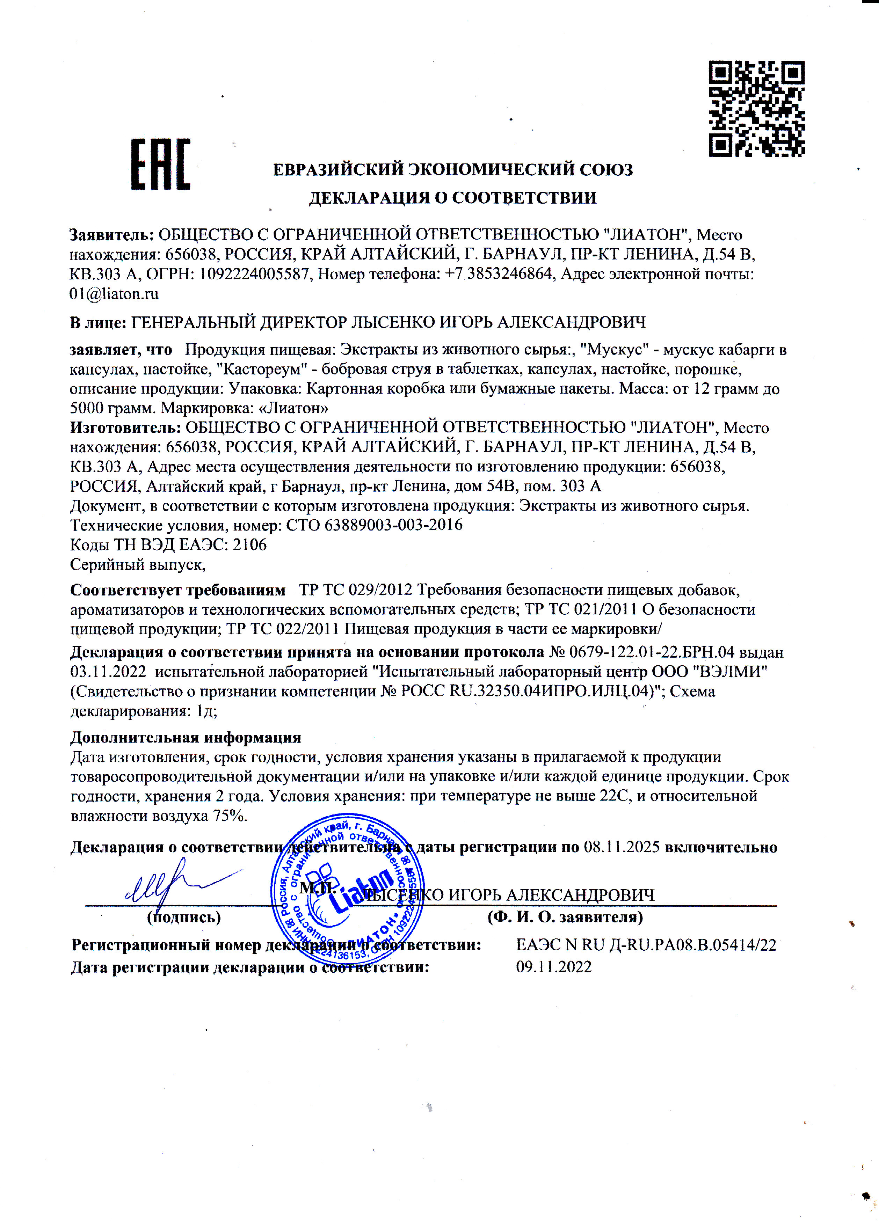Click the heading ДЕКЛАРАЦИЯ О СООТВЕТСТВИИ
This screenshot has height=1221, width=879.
click(452, 198)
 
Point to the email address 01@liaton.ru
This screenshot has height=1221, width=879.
click(114, 294)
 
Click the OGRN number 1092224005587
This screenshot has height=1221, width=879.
click(255, 275)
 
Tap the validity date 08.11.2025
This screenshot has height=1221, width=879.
click(622, 847)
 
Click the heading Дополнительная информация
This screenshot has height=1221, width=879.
click(186, 737)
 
